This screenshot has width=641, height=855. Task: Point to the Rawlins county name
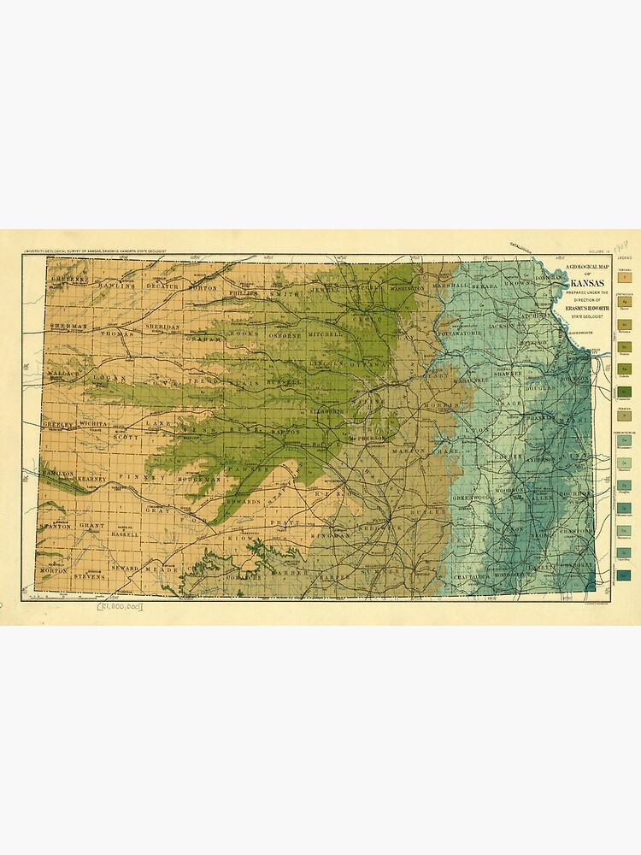[x=116, y=285]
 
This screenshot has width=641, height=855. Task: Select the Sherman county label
[x=69, y=327]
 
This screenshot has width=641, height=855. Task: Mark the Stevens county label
[x=89, y=576]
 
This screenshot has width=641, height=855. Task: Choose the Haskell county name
[x=124, y=534]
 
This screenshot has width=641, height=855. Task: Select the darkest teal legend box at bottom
[x=626, y=576]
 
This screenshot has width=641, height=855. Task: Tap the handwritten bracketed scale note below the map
[x=121, y=605]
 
